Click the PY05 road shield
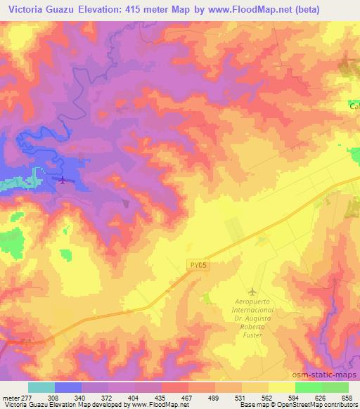point(199,265)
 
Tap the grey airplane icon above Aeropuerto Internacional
point(253,291)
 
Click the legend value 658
point(347,398)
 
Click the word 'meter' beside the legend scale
point(10,398)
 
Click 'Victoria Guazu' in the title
point(39,10)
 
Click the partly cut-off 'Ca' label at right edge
point(354,106)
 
